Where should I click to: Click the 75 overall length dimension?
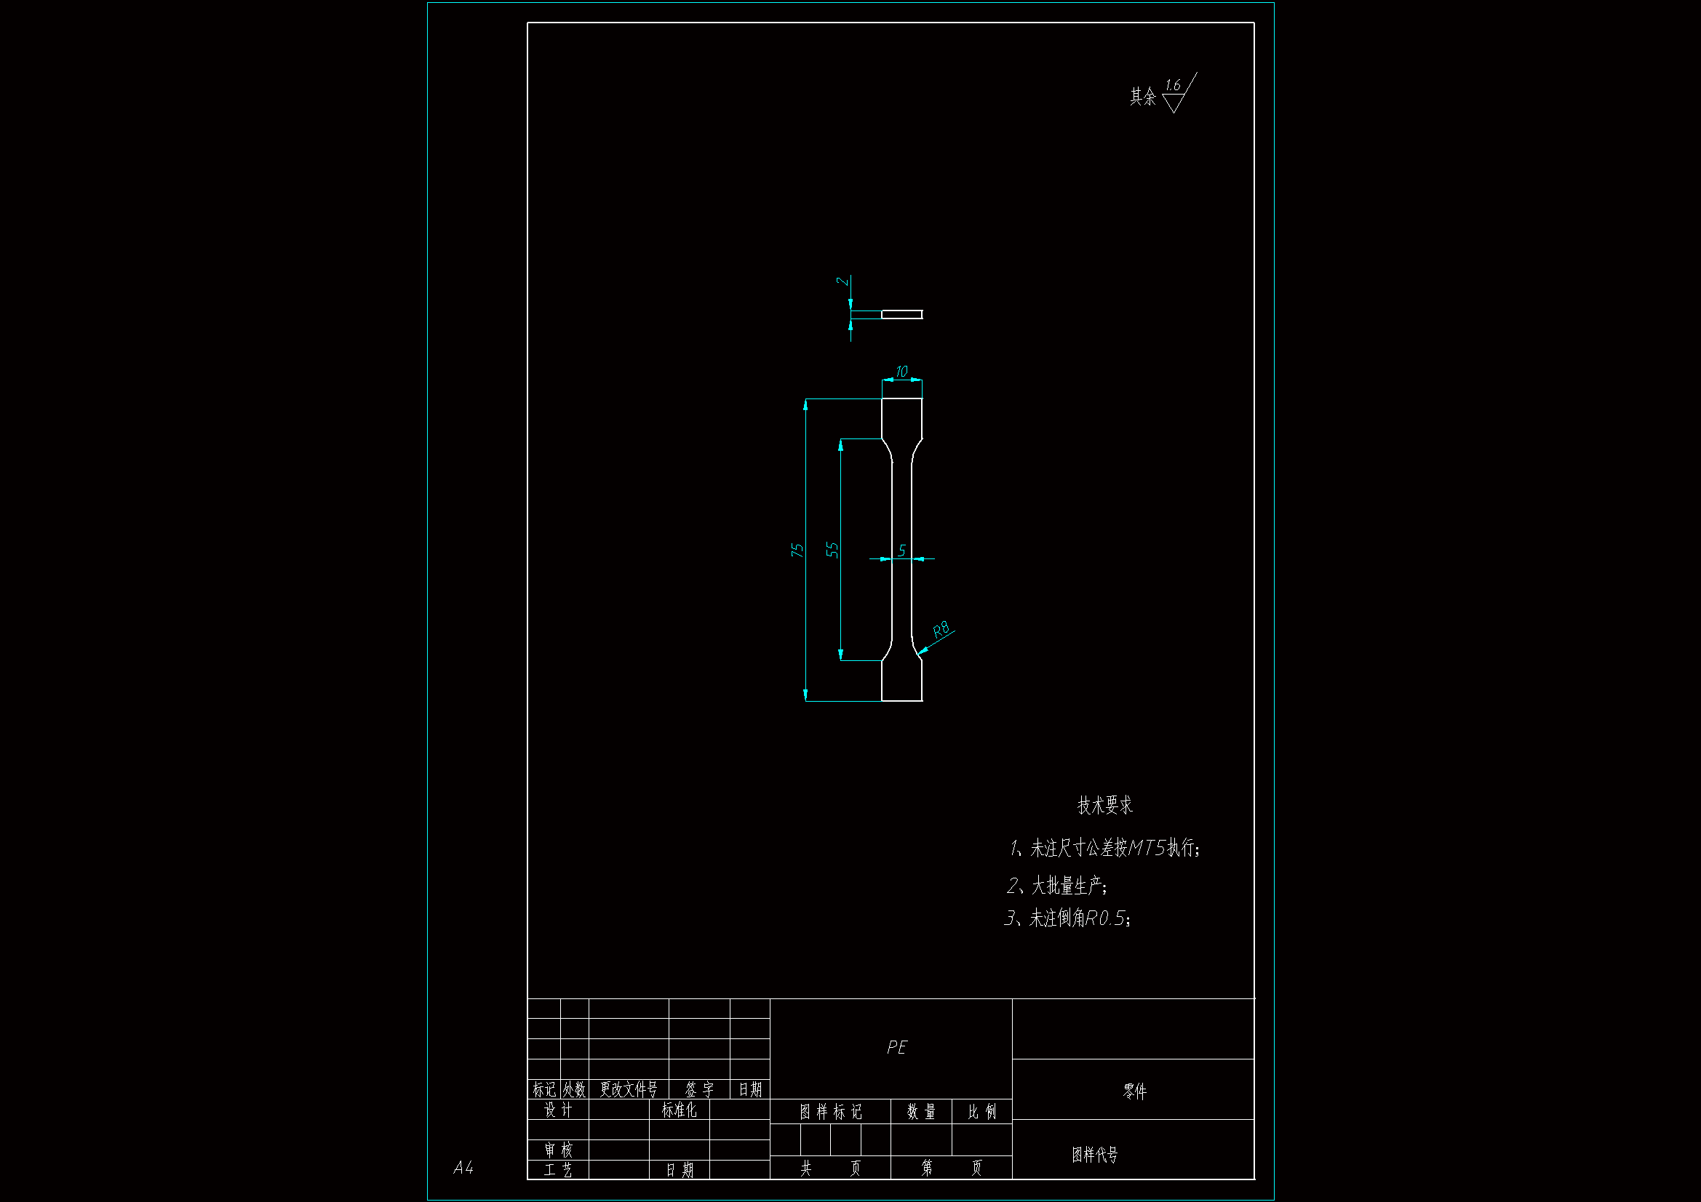coord(797,550)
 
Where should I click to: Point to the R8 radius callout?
coord(941,630)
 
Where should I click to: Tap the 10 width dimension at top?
coord(901,371)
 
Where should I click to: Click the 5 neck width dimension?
coord(901,550)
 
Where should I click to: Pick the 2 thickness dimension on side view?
coord(842,281)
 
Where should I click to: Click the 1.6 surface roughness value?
coord(1173,86)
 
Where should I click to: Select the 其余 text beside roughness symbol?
coord(1142,97)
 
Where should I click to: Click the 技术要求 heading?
coord(1104,805)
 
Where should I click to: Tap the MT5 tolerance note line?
coord(1104,847)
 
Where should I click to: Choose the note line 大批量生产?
coord(1057,885)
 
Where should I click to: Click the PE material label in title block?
coord(896,1047)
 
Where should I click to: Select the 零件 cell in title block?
coord(1134,1091)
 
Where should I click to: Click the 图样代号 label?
coord(1094,1155)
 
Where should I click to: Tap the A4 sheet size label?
coord(463,1168)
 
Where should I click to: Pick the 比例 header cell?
coord(981,1112)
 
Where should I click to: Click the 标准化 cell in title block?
coord(679,1110)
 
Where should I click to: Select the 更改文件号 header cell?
coord(629,1089)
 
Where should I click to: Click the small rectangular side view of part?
coord(901,315)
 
